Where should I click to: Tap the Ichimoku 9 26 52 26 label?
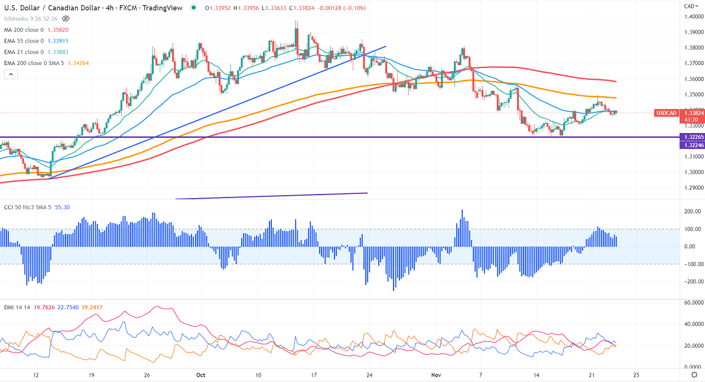30,19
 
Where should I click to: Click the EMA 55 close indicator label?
24,41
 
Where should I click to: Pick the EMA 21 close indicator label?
24,51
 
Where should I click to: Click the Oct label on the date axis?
200,375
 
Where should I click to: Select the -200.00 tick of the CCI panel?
684,281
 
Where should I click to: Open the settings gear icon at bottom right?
694,375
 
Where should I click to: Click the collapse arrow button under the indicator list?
11,74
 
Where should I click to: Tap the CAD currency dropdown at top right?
690,6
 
